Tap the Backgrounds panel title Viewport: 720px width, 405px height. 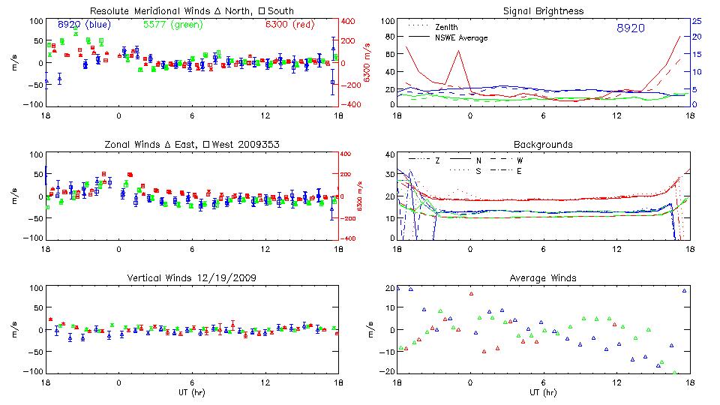(544, 144)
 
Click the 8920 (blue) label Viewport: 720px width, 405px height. (84, 24)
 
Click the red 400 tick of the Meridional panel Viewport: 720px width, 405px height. (349, 21)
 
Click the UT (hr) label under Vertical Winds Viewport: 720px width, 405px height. (191, 393)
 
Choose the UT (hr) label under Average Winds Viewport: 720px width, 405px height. (544, 393)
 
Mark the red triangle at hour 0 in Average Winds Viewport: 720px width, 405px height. (471, 293)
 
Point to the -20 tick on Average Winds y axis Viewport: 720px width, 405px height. (387, 372)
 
